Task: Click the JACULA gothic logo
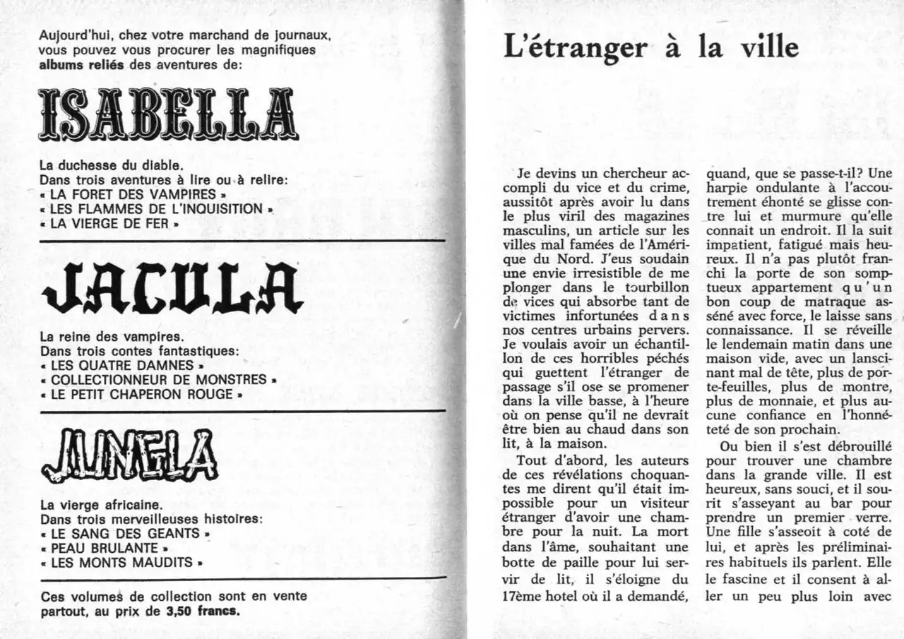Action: coord(173,289)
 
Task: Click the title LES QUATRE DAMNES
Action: coord(122,365)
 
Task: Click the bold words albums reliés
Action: coord(81,64)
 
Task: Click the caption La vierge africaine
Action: coord(101,505)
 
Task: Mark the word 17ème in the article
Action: coord(523,595)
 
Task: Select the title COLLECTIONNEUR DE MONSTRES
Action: coord(159,380)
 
